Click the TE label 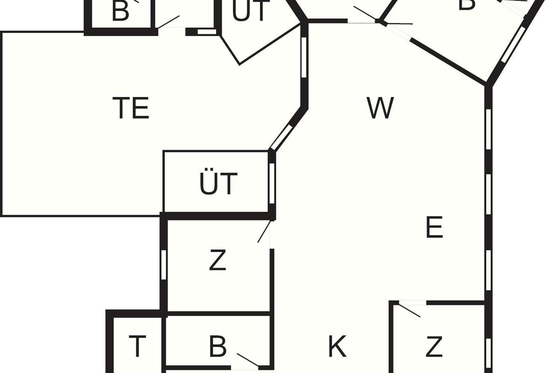point(131,108)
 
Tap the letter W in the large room point(380,108)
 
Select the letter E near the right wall point(434,228)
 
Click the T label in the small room point(137,346)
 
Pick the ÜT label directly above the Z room point(218,183)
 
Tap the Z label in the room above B point(218,260)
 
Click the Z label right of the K point(434,347)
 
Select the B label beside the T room point(218,347)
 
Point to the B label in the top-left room point(120,12)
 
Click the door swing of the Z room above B point(264,232)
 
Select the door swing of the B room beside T point(247,360)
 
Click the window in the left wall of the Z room point(164,264)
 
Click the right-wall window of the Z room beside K point(488,347)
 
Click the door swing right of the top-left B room point(169,22)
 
